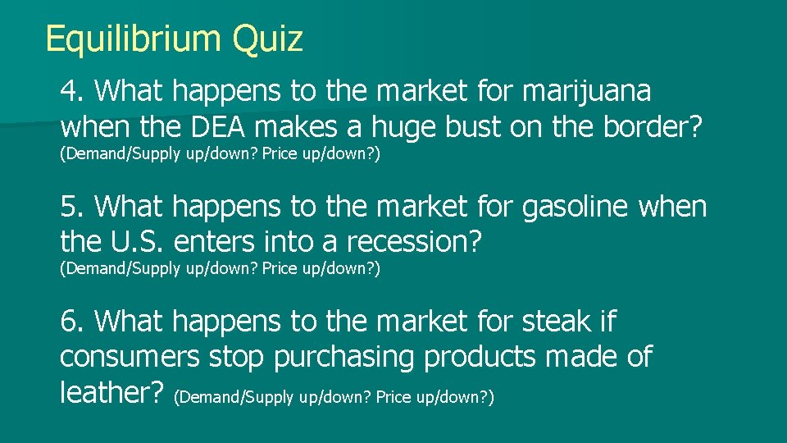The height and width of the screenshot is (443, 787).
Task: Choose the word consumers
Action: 130,358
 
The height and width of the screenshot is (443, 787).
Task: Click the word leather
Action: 111,393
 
